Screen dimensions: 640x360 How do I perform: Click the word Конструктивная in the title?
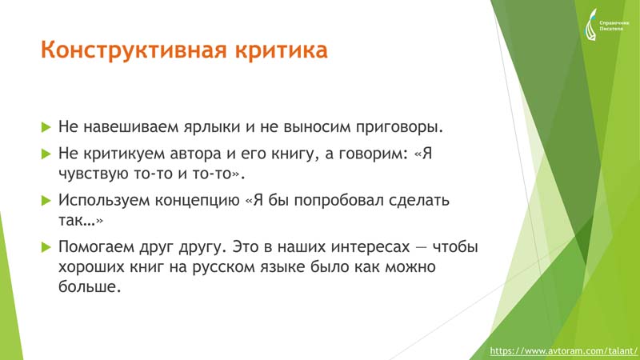tap(134, 51)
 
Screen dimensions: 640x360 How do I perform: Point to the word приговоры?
tap(399, 128)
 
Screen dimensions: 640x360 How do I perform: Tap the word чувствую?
tap(94, 174)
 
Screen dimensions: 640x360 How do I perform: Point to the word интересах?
tap(370, 247)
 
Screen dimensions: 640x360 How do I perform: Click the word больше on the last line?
tap(90, 286)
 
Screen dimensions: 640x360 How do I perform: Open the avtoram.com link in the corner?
tap(563, 350)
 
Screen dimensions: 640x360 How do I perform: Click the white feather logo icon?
tap(591, 25)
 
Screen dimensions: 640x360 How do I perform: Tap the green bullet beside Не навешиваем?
tap(46, 127)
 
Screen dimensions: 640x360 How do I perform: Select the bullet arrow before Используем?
tap(46, 201)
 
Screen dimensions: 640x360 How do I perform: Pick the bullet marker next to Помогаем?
tap(46, 247)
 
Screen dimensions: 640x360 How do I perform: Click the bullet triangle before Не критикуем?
tap(46, 154)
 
